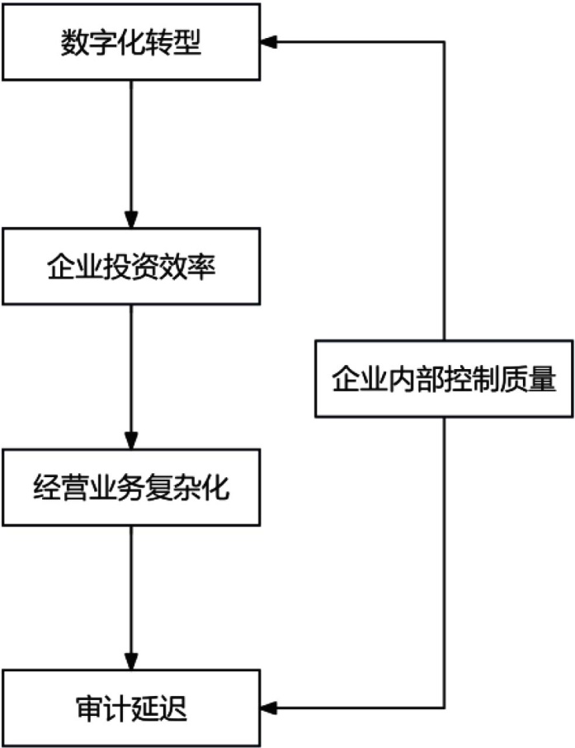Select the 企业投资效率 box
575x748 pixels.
pos(130,267)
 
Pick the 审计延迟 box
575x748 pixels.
pos(130,708)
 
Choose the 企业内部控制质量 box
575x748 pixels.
pos(444,379)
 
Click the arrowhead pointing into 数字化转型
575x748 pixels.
pos(269,41)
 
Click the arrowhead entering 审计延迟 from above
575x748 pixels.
pos(130,664)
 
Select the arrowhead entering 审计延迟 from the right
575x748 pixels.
pos(269,708)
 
